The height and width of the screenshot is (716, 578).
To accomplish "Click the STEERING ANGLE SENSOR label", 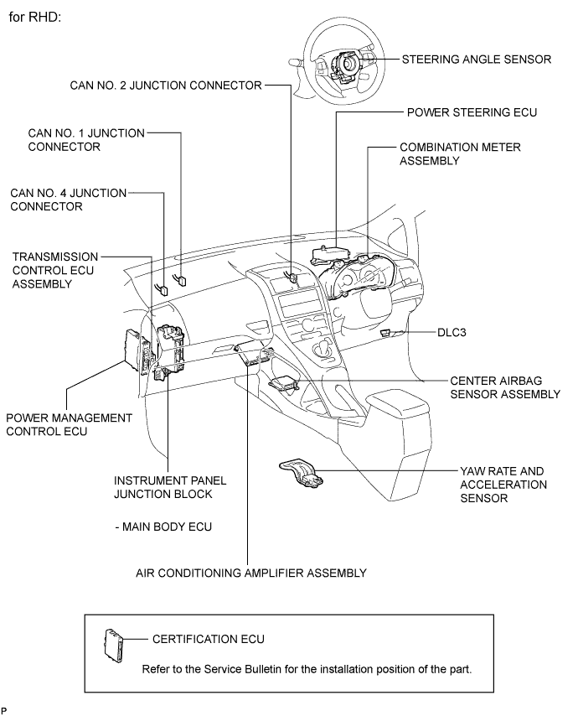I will point(476,60).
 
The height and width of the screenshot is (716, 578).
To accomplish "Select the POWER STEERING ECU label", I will point(471,111).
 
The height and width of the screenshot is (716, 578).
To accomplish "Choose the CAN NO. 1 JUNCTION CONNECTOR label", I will point(80,139).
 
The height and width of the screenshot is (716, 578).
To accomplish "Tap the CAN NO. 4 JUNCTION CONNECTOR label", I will point(68,200).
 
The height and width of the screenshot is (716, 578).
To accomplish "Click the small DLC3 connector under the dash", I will point(385,333).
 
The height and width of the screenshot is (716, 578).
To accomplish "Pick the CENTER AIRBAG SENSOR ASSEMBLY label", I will point(504,387).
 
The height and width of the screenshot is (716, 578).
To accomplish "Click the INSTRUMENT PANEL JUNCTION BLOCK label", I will point(169,487).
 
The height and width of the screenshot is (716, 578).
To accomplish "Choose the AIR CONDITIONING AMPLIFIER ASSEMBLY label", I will point(250,573).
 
